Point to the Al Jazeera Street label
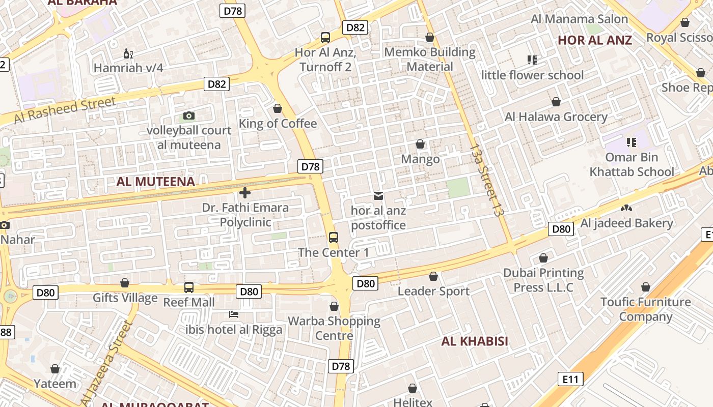click(x=107, y=360)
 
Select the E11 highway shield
click(x=570, y=379)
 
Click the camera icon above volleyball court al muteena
click(x=189, y=116)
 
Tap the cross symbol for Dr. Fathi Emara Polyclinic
click(x=245, y=193)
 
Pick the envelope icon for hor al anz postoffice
click(x=378, y=195)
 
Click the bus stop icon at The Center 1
click(x=334, y=237)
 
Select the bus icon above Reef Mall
click(x=189, y=287)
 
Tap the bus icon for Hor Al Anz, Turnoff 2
click(x=325, y=38)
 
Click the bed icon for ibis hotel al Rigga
click(x=234, y=314)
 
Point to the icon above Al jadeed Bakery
click(x=626, y=208)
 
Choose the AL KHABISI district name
click(x=475, y=341)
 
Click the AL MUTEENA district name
click(x=156, y=182)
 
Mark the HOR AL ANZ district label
click(x=595, y=40)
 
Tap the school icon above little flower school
click(x=532, y=60)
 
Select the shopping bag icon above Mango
click(x=420, y=144)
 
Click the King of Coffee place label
click(x=278, y=124)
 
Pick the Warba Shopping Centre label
click(x=334, y=328)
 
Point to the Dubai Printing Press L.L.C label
click(x=543, y=280)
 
